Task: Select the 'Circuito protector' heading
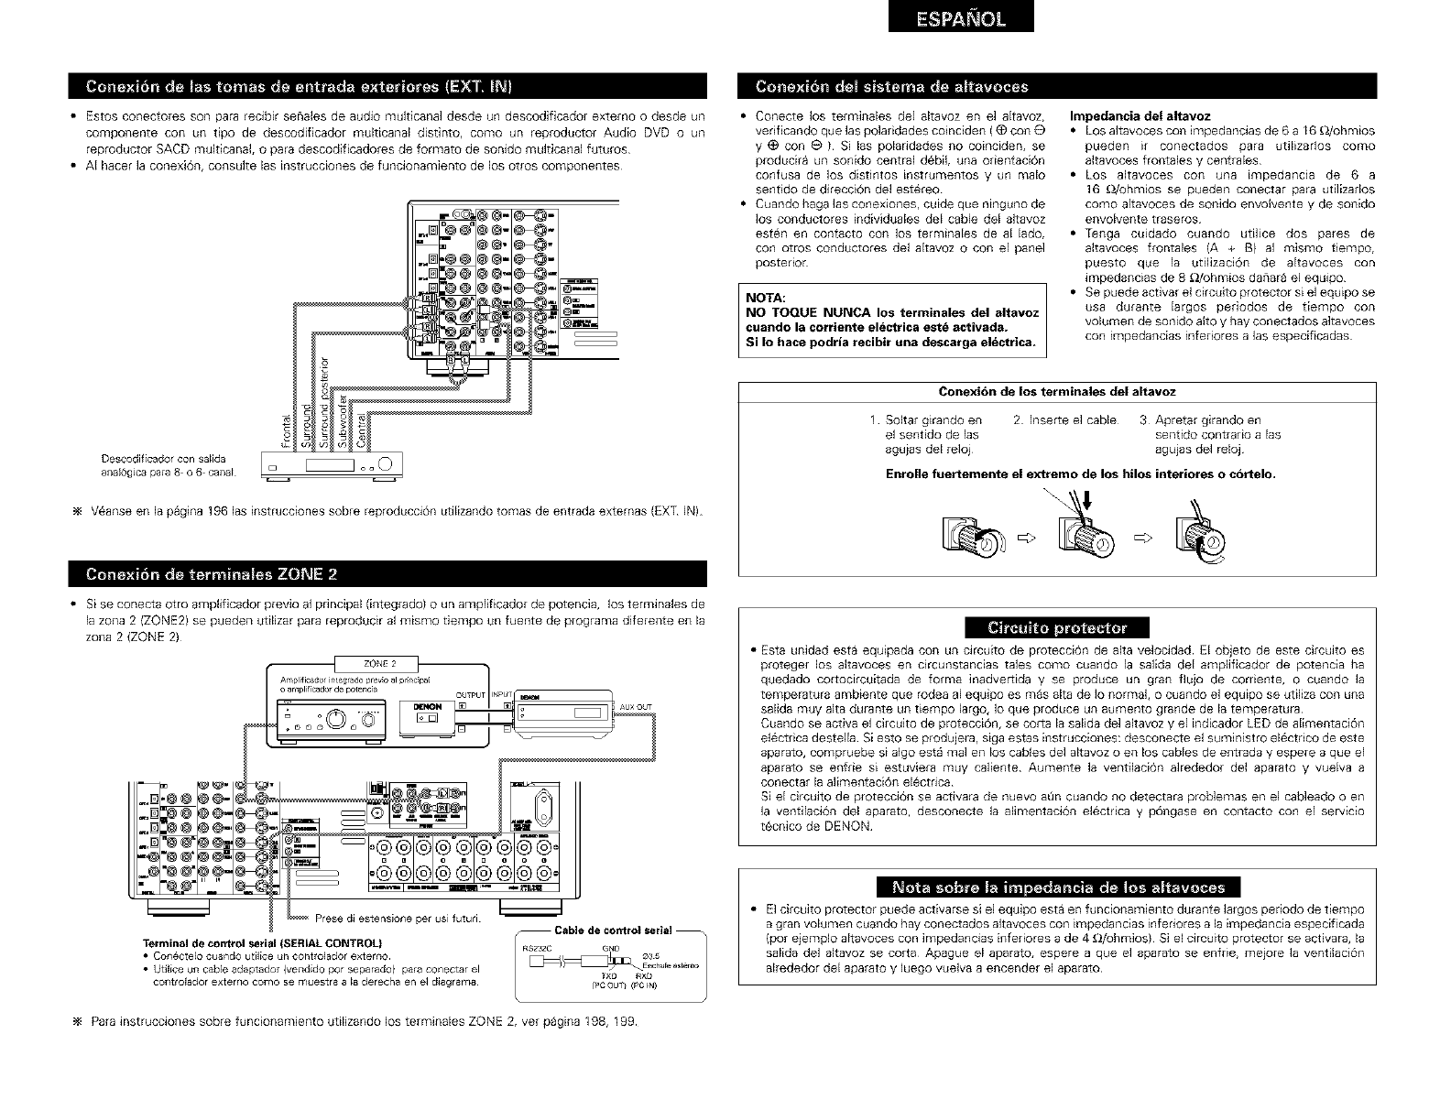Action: [1056, 627]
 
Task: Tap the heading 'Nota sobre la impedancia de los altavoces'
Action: [1057, 887]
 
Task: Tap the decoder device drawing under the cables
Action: [326, 466]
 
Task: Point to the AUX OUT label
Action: [636, 707]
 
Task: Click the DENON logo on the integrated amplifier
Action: [427, 707]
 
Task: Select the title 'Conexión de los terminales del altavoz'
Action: [1058, 392]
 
